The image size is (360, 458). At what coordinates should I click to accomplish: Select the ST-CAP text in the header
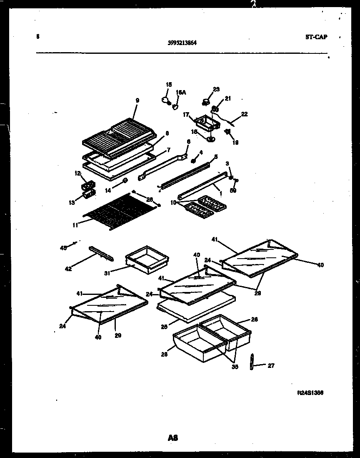tap(316, 37)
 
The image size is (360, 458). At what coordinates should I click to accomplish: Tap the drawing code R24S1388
tap(310, 393)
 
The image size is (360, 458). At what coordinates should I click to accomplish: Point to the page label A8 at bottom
tap(173, 438)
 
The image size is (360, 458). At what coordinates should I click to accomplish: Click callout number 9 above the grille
tap(137, 100)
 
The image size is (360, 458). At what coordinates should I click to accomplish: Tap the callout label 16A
tap(180, 93)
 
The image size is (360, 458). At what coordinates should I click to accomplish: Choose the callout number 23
tap(216, 89)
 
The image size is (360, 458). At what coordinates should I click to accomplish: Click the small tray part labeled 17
tap(205, 123)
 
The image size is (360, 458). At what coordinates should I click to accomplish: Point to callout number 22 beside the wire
tap(244, 113)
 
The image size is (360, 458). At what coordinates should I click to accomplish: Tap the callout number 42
tap(68, 269)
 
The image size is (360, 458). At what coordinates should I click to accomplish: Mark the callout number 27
tap(271, 366)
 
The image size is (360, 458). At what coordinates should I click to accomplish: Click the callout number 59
tap(233, 191)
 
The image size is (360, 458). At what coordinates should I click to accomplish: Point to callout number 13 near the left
tap(72, 202)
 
